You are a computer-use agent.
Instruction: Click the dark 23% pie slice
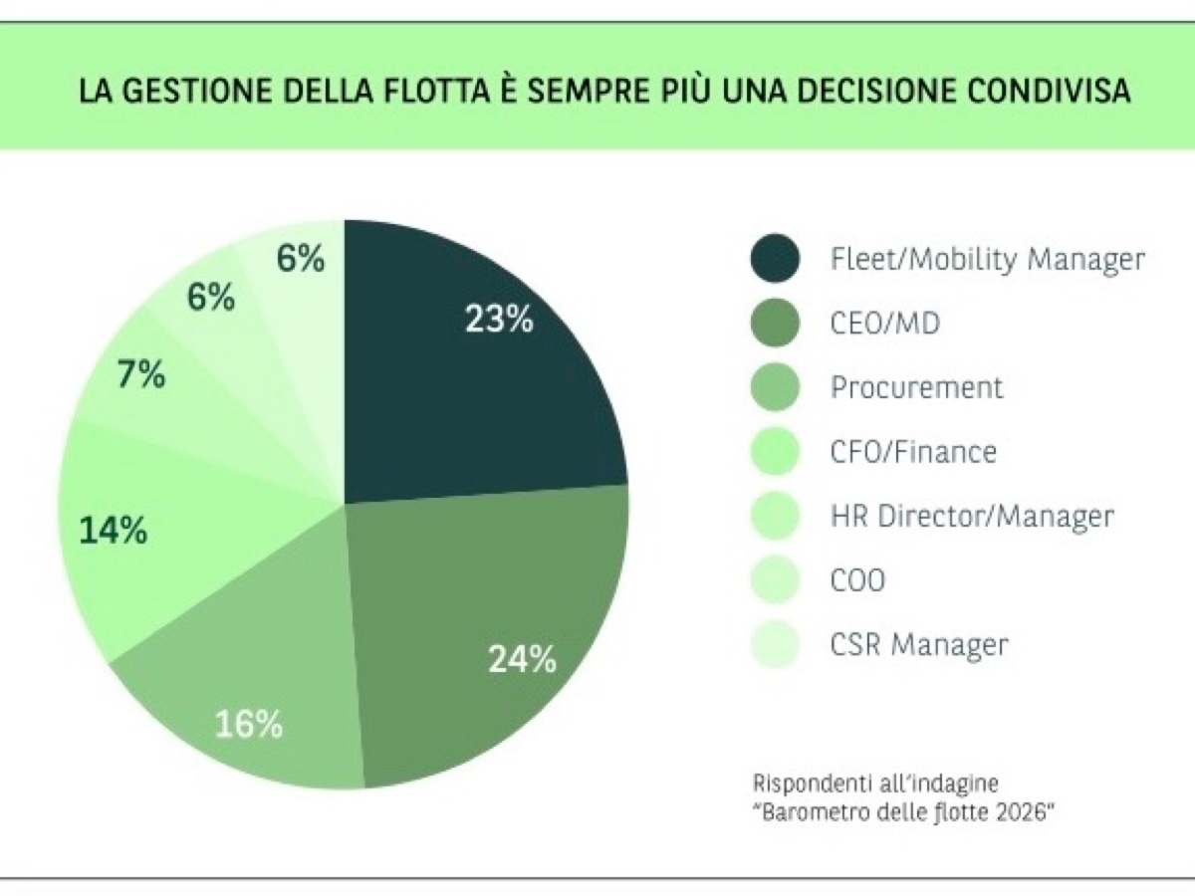click(x=468, y=368)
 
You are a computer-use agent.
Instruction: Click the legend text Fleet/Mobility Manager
click(x=987, y=260)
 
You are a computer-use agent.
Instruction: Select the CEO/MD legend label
click(x=884, y=324)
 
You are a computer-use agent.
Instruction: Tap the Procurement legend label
click(x=916, y=387)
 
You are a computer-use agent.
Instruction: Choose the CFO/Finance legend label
click(x=912, y=452)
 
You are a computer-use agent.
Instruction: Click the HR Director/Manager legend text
click(x=971, y=517)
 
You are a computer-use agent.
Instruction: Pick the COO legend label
click(x=856, y=580)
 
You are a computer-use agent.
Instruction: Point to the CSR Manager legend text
click(x=918, y=645)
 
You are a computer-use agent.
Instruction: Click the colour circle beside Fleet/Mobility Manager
click(x=774, y=259)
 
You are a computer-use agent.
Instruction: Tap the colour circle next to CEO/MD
click(x=774, y=323)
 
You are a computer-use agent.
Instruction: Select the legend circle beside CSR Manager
click(x=774, y=644)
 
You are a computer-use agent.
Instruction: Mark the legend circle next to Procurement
click(x=774, y=387)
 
